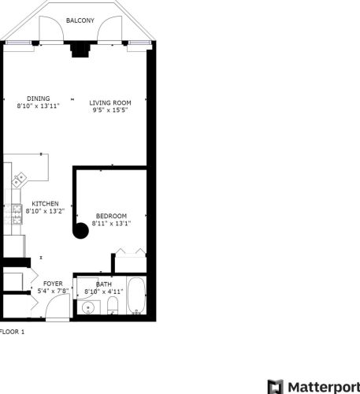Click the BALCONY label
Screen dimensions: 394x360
[x=81, y=20]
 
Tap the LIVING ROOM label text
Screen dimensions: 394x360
[x=109, y=102]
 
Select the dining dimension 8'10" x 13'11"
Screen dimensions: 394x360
[x=38, y=105]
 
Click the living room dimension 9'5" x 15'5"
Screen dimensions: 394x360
[x=109, y=110]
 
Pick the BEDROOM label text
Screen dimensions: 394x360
[x=111, y=216]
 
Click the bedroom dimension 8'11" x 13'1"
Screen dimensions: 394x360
[x=111, y=223]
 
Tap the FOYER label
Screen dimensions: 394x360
[x=53, y=283]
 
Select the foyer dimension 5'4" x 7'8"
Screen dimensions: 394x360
[x=53, y=291]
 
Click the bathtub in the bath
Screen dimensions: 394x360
[x=137, y=296]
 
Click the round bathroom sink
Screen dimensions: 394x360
[x=88, y=307]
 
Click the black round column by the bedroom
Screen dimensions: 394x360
[x=80, y=230]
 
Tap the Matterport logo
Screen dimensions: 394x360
[x=314, y=386]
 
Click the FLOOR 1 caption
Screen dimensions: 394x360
[x=13, y=332]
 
